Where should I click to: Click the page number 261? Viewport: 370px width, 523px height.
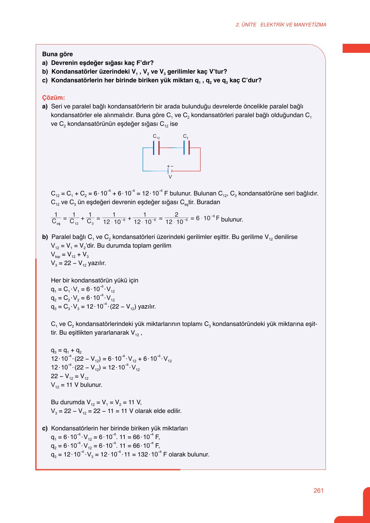point(318,490)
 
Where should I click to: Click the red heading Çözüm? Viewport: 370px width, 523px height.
point(53,98)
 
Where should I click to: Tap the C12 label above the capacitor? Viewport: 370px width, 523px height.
point(156,136)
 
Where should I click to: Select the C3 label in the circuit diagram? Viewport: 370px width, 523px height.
point(186,136)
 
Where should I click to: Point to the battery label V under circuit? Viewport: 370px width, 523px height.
point(170,177)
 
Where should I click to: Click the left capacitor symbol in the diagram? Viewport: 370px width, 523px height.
point(156,148)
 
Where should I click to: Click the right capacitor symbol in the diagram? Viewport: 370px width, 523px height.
point(186,148)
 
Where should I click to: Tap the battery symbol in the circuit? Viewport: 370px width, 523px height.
point(170,171)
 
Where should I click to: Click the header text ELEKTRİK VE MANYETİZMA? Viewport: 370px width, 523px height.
point(293,25)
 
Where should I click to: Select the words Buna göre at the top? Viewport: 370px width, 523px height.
point(58,54)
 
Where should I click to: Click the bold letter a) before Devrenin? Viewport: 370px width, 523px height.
point(45,63)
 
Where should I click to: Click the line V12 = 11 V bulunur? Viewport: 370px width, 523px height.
point(76,385)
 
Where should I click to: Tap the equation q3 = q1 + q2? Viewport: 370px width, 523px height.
point(66,351)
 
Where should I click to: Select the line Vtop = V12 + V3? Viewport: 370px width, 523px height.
point(70,255)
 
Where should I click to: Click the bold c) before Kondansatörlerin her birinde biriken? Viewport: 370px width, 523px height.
point(45,428)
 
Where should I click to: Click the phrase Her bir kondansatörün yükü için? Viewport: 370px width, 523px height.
point(95,280)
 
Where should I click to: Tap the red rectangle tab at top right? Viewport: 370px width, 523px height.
point(356,48)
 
